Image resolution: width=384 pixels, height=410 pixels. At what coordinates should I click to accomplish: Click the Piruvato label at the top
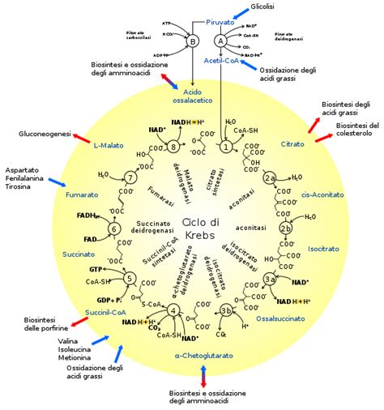(x=220, y=22)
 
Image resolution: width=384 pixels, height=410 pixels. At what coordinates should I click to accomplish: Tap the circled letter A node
(x=220, y=40)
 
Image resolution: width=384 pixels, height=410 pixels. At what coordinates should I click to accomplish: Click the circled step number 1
(x=225, y=147)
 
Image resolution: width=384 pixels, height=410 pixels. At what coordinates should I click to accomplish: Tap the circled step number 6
(x=114, y=230)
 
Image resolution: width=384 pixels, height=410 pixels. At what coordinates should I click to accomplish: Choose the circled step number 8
(x=173, y=147)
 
